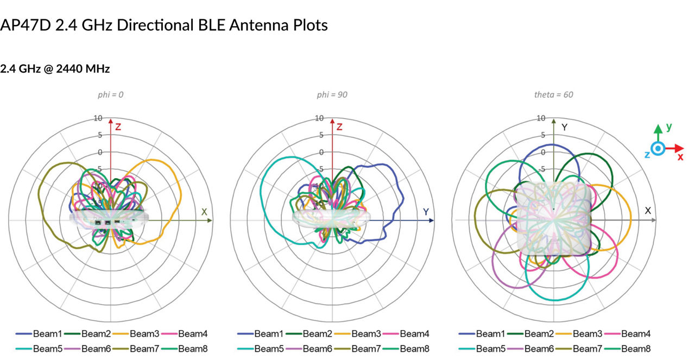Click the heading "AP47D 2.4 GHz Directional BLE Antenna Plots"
pos(164,25)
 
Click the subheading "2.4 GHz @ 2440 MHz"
pos(55,70)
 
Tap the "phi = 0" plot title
pos(110,94)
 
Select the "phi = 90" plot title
pos(332,94)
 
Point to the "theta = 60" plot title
pos(554,94)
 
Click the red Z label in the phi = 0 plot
pos(118,127)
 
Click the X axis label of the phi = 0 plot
pos(204,212)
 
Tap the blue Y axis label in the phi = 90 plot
pos(426,212)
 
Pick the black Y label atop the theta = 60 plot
pos(565,127)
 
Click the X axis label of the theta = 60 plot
pos(648,210)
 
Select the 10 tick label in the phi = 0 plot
pos(98,118)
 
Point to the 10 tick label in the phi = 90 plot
pos(319,118)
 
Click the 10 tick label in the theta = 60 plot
pos(541,118)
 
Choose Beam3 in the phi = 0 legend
pos(144,333)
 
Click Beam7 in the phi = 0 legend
pos(144,349)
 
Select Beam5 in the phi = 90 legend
pos(269,349)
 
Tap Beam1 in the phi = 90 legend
pos(269,333)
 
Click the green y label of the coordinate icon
pos(669,127)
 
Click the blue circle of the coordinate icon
pos(658,148)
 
